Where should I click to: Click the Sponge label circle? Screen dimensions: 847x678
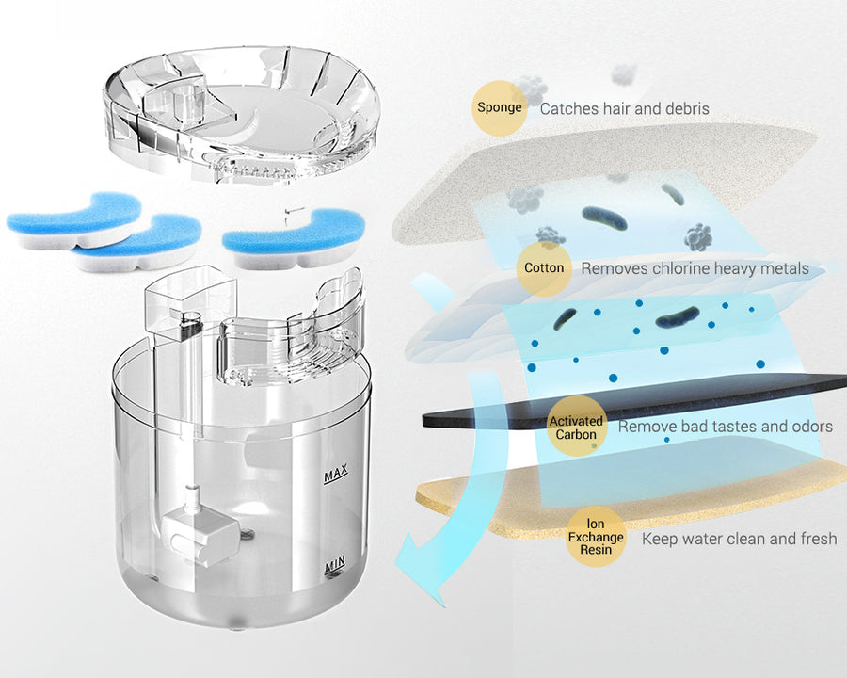pos(500,107)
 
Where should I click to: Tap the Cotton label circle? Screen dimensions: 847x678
pos(544,268)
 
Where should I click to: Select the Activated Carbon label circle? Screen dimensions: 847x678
pos(576,427)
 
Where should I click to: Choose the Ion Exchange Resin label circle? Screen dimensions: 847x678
pos(596,537)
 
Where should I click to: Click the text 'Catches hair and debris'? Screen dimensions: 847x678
pos(625,108)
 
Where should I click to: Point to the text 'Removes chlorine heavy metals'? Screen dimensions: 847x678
pos(695,268)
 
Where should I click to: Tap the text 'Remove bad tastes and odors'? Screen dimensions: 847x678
pos(725,427)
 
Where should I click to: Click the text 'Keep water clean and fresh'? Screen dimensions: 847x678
pos(739,539)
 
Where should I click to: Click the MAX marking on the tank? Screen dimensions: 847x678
pos(335,474)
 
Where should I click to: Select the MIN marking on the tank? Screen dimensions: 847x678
pos(335,566)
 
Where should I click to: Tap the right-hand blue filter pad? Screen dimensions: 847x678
pos(295,238)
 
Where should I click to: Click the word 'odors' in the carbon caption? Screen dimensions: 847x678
pos(812,427)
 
